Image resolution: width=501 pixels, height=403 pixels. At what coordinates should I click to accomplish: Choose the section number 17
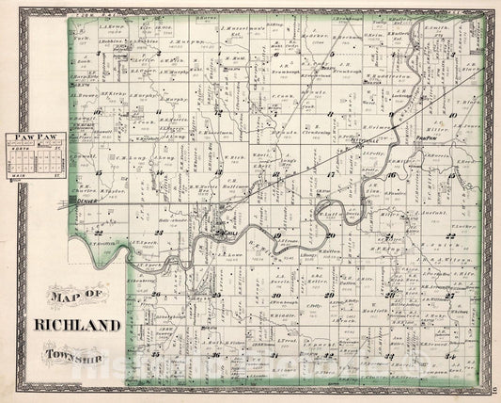coord(330,175)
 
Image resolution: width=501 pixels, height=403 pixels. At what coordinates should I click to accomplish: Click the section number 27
coord(452,296)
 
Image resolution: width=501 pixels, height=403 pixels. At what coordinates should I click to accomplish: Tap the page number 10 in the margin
coord(493,381)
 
